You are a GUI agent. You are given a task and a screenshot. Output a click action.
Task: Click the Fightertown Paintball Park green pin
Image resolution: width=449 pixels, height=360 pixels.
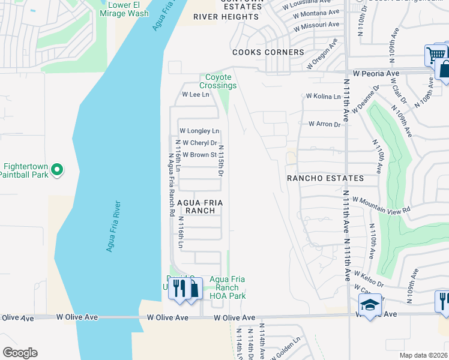[57, 171]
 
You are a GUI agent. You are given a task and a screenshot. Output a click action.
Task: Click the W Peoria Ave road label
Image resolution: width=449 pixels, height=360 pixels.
[376, 73]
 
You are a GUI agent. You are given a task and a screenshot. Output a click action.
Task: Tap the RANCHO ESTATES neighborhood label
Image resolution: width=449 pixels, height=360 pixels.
[325, 179]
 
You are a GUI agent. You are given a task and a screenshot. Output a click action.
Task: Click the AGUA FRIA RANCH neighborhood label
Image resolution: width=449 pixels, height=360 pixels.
[200, 207]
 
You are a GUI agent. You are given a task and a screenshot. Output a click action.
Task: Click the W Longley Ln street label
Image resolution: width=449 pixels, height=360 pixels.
[199, 131]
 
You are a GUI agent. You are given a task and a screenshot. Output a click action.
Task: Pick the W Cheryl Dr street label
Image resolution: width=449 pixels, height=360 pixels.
[199, 143]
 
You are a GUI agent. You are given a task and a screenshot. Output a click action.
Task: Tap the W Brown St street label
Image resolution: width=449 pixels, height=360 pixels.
[199, 155]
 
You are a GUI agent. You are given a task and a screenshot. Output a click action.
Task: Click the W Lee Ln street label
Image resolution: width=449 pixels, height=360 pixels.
[196, 95]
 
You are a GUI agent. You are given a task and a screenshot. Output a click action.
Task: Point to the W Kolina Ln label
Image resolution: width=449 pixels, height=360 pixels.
[323, 95]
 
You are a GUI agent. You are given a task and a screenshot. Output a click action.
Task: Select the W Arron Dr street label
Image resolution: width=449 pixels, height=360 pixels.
[324, 124]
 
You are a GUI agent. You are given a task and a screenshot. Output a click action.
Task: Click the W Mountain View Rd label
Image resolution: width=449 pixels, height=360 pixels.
[381, 205]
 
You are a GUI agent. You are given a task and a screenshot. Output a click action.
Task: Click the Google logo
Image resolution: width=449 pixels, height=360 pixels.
[20, 353]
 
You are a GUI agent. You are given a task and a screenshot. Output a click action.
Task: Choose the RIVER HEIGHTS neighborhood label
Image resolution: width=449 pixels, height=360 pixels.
[226, 17]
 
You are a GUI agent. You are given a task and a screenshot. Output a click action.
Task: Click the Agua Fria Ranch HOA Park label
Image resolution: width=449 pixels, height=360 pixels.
[229, 287]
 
